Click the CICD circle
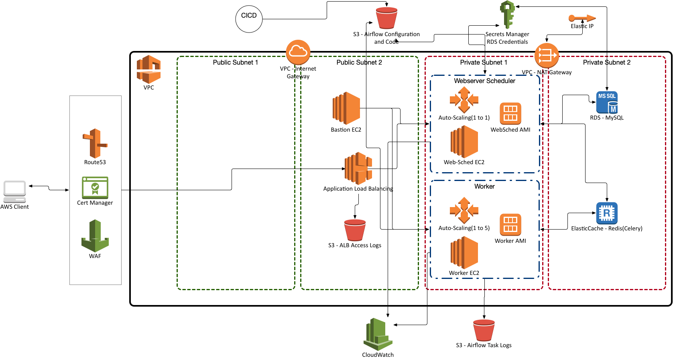click(249, 19)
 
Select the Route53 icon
click(95, 143)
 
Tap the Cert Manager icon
click(95, 187)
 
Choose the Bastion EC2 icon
click(346, 108)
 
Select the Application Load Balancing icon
click(358, 168)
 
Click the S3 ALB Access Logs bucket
click(355, 230)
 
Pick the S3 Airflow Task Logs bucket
click(484, 330)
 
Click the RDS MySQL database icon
click(607, 103)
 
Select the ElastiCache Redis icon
click(607, 213)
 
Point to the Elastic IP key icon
click(582, 18)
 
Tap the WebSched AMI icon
click(510, 114)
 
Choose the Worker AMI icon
click(510, 225)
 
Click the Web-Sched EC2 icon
click(464, 142)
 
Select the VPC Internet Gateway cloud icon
click(298, 52)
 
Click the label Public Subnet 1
click(235, 62)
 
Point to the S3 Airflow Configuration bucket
click(386, 18)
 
